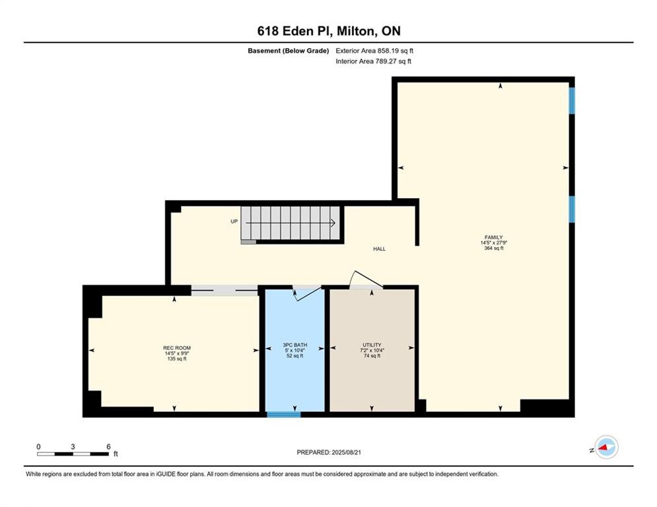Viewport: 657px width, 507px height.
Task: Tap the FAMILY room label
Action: (x=494, y=237)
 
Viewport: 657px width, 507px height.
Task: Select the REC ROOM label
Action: (x=177, y=348)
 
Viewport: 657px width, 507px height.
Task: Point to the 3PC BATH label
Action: (x=295, y=345)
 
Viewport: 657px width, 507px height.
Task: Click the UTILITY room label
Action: (x=372, y=345)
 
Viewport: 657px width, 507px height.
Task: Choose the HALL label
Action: (x=379, y=249)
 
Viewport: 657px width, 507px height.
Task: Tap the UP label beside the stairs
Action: (x=234, y=221)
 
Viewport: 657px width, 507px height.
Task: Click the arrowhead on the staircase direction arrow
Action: (x=333, y=223)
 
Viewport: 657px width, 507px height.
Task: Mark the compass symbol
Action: (x=606, y=448)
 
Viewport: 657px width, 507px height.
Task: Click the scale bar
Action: (x=73, y=454)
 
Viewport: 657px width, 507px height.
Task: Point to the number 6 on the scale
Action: (x=108, y=447)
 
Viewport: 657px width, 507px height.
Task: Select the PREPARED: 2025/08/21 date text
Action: (x=329, y=452)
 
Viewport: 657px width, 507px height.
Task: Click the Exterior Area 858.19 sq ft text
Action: (x=374, y=51)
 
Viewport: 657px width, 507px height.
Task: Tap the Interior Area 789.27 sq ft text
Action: (x=373, y=61)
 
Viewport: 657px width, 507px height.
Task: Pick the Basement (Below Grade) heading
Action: (x=289, y=51)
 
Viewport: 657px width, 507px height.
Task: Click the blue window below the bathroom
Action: (x=284, y=415)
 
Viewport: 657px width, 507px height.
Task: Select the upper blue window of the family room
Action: (x=572, y=100)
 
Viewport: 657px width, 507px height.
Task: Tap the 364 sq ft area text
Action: (x=494, y=248)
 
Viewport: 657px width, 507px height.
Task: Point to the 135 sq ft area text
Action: (x=177, y=358)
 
